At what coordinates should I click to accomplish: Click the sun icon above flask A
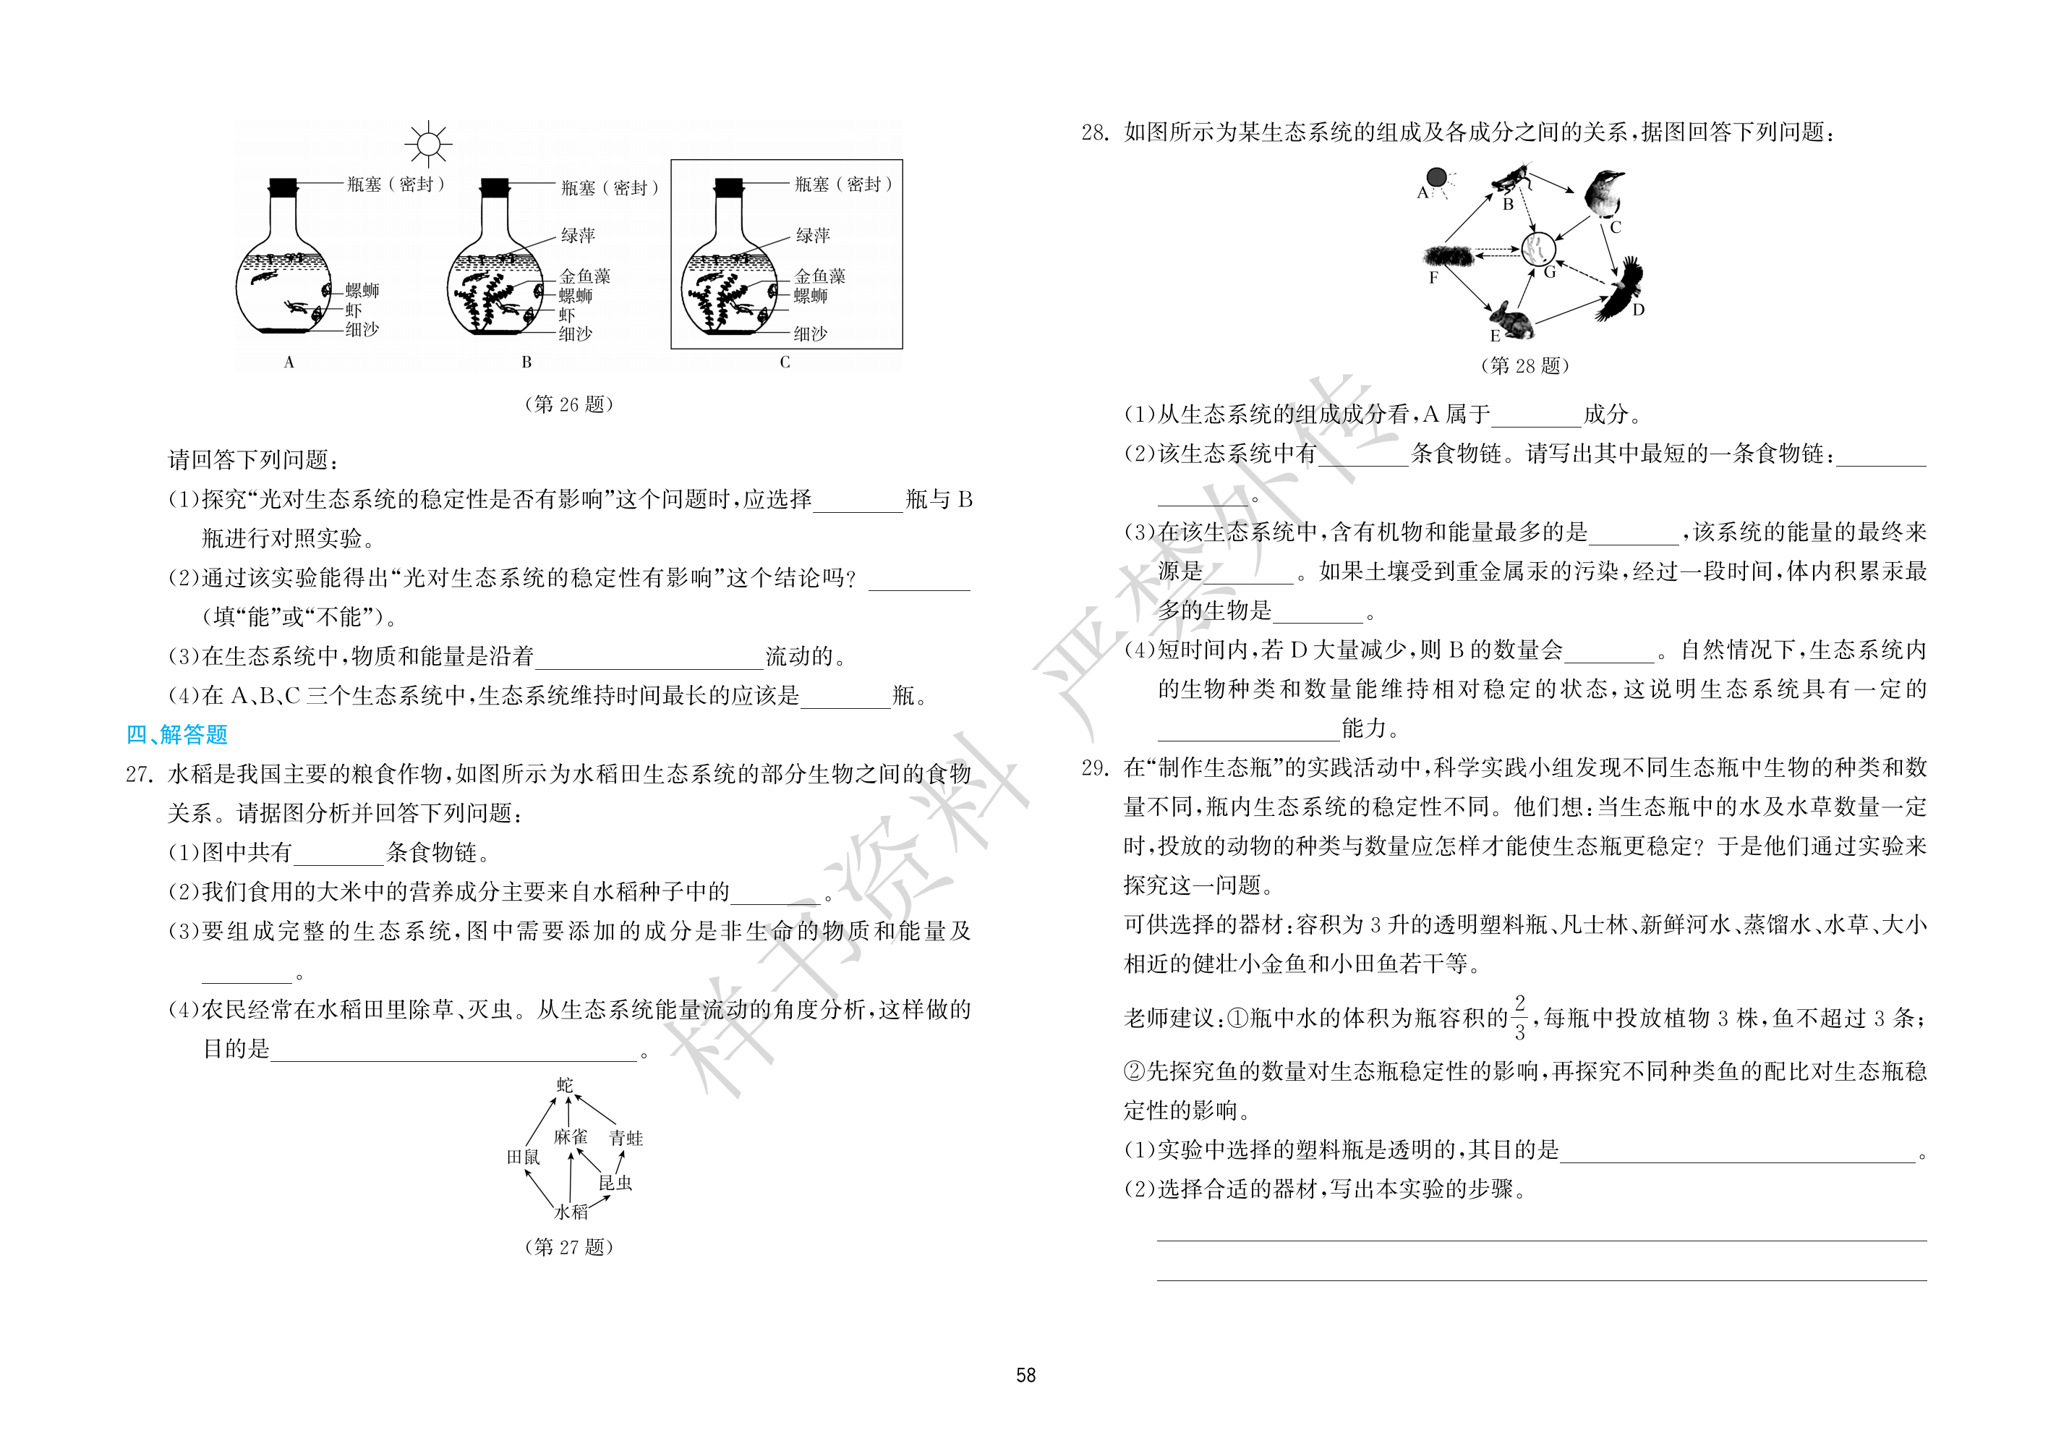click(428, 144)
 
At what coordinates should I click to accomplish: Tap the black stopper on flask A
click(283, 187)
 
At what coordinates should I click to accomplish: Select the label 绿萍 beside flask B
click(578, 236)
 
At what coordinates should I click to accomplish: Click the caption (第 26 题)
click(568, 404)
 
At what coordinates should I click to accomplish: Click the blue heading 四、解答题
click(176, 735)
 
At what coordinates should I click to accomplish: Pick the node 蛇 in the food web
click(565, 1085)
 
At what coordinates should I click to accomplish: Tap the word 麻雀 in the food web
click(571, 1137)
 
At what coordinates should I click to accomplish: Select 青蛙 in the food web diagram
click(626, 1138)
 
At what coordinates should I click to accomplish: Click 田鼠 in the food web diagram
click(524, 1157)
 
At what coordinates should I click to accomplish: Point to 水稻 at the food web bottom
click(571, 1212)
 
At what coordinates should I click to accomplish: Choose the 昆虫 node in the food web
click(615, 1183)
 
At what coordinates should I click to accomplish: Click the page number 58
click(1026, 1375)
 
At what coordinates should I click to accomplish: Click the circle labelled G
click(1538, 248)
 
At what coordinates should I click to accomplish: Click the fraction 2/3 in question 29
click(1519, 1018)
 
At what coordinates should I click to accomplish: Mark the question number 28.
click(1095, 132)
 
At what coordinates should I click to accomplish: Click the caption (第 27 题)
click(568, 1247)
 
